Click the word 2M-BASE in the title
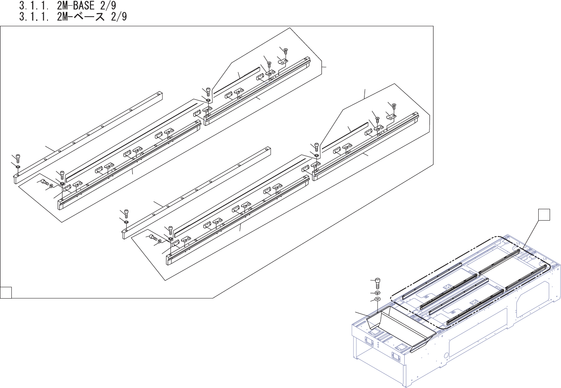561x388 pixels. click(x=76, y=6)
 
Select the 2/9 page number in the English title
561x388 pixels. click(x=108, y=6)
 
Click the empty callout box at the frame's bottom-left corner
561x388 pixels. click(x=6, y=293)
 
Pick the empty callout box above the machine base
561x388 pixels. click(x=544, y=215)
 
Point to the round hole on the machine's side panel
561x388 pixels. click(x=446, y=355)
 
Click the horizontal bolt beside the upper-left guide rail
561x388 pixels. click(x=45, y=183)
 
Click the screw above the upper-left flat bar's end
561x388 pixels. click(x=18, y=158)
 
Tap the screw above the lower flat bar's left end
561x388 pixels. click(x=126, y=212)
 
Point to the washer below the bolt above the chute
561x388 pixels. click(x=377, y=293)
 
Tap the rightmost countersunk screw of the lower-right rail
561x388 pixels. click(x=393, y=106)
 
